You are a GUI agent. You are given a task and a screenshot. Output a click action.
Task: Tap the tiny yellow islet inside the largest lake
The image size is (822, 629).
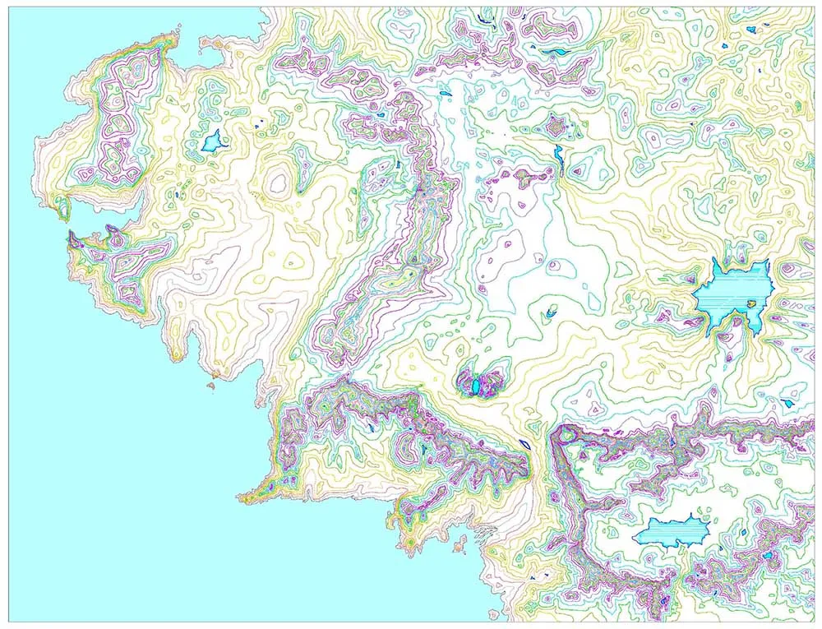(750, 304)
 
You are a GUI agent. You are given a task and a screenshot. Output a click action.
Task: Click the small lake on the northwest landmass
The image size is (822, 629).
(215, 141)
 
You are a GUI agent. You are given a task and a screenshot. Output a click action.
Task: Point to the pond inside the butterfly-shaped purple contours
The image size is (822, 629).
(474, 384)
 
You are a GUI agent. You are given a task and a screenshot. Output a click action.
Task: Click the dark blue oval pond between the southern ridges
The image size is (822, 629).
(524, 445)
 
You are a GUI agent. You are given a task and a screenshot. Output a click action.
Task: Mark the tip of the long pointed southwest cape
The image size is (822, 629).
(240, 497)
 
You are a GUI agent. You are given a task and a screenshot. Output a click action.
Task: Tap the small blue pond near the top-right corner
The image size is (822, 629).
(750, 30)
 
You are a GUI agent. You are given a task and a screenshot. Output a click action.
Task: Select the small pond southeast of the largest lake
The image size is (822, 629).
(787, 403)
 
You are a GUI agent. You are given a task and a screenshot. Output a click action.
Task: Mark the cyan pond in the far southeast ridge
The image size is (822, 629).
(767, 556)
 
